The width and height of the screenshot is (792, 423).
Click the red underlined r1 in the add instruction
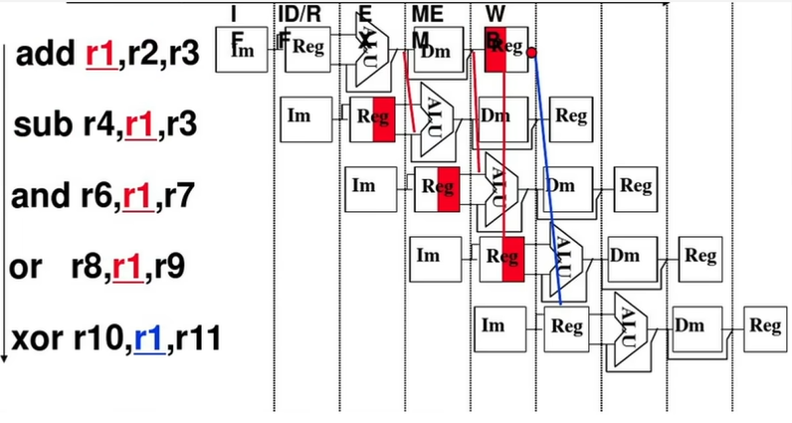99,56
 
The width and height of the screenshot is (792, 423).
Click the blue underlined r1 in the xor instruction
149,341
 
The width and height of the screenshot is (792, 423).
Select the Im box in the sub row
298,116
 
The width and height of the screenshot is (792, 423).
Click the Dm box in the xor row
690,325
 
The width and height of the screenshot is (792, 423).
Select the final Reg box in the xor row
765,325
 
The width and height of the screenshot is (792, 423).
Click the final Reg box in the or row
700,257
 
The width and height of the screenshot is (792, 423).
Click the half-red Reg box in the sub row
373,117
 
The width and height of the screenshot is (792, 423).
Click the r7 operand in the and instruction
185,196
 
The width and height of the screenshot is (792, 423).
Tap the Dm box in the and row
560,186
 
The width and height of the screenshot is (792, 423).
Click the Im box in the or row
428,256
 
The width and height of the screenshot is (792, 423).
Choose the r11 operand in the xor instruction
196,341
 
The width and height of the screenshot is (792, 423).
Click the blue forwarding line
545,179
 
